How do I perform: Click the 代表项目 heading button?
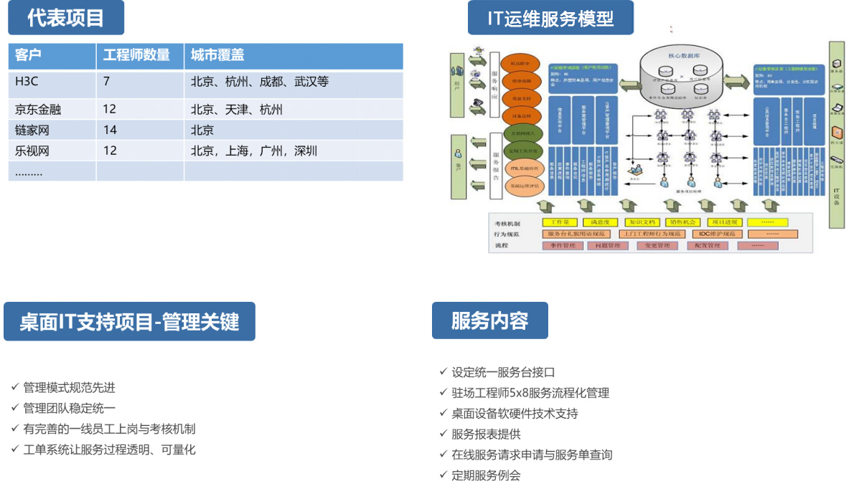(x=65, y=18)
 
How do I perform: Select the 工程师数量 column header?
(x=137, y=55)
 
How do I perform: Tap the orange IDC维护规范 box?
(x=715, y=234)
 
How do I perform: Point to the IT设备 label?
(x=837, y=196)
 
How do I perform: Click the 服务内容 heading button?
(x=489, y=320)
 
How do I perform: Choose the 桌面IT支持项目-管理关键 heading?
(x=129, y=322)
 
